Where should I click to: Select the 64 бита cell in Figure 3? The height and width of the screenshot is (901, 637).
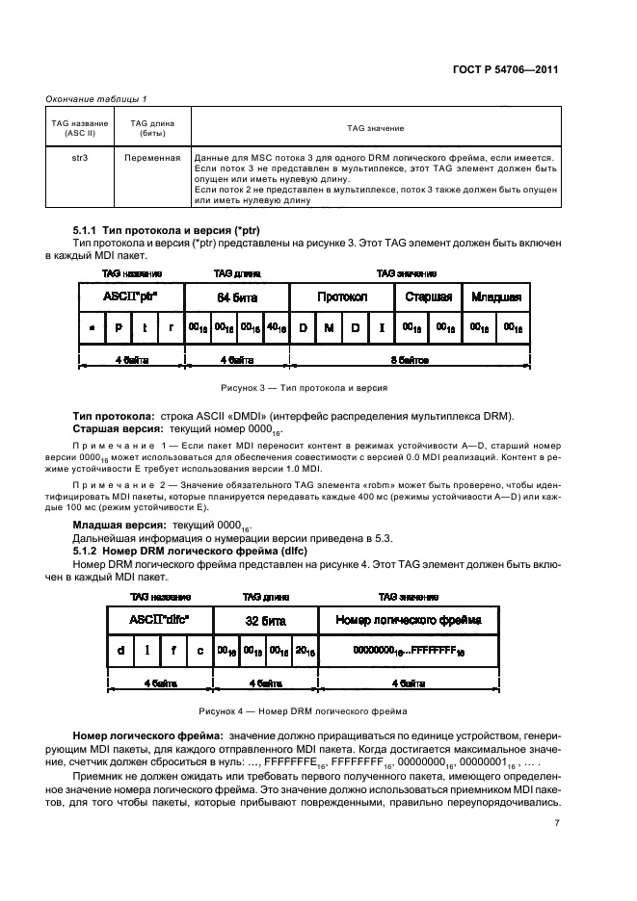[x=236, y=296]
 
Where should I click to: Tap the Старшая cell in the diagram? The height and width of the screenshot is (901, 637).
[x=429, y=296]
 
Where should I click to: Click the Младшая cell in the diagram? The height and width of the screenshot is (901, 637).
[x=496, y=296]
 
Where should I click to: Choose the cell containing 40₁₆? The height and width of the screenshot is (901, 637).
[x=276, y=328]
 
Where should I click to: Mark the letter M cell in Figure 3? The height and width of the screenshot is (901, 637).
[x=329, y=328]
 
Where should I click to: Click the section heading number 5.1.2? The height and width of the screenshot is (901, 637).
[x=90, y=549]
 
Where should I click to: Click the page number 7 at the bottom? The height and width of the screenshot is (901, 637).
[x=557, y=823]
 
